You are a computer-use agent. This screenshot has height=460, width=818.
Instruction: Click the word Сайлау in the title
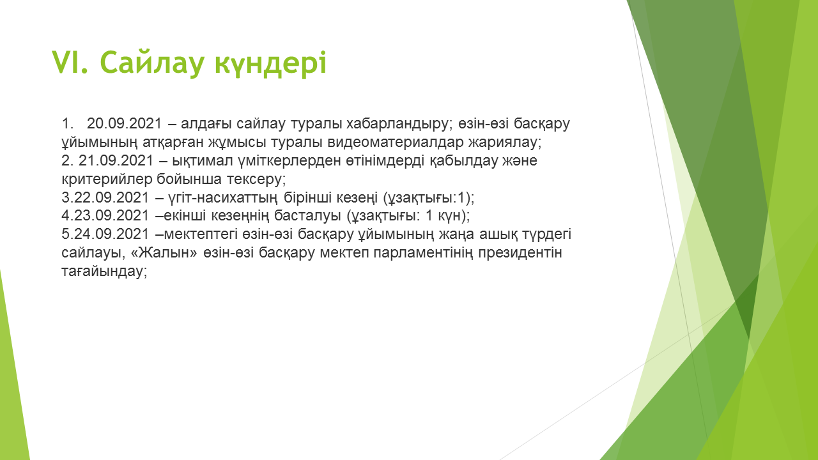(151, 63)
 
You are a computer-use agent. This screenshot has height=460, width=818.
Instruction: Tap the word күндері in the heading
(270, 63)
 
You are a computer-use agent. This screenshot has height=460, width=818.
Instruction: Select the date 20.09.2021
(124, 124)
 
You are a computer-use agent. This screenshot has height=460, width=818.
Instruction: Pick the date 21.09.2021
(116, 160)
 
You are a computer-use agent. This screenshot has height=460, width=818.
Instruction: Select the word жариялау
(505, 142)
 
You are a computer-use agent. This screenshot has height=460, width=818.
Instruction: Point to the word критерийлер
(107, 180)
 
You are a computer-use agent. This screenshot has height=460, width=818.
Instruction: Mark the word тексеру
(256, 180)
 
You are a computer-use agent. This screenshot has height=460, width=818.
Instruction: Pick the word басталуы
(307, 216)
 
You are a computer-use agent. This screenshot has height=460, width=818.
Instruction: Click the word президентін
(520, 253)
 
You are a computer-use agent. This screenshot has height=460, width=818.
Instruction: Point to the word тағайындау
(104, 272)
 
